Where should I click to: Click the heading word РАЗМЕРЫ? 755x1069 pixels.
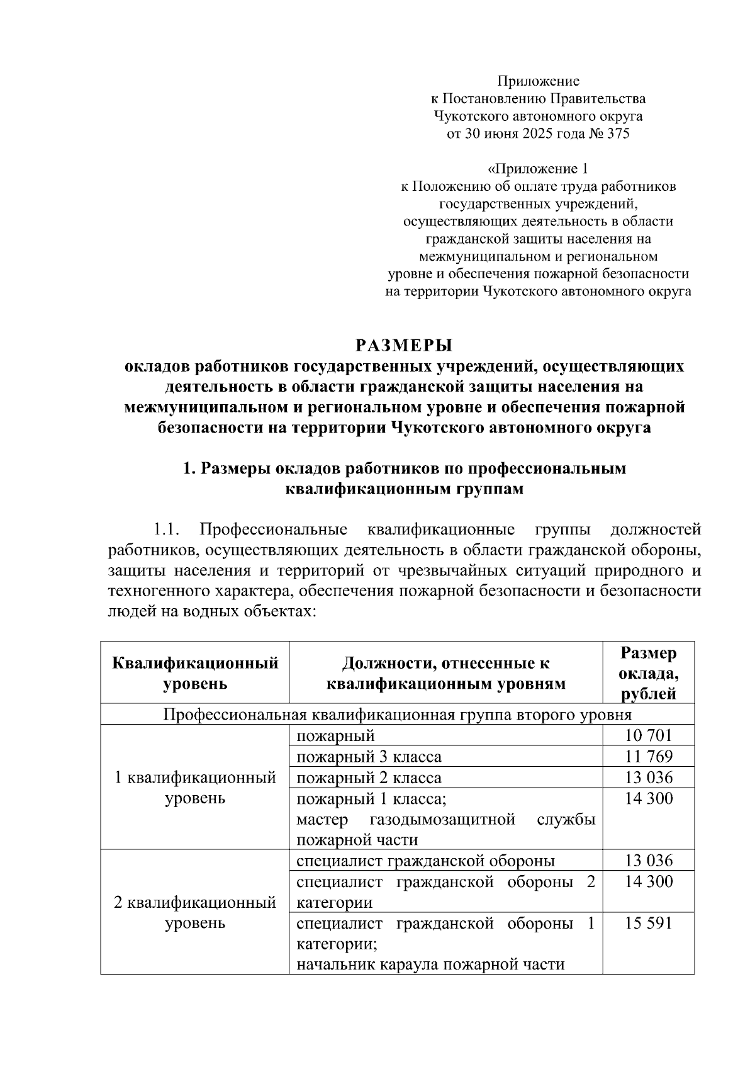pyautogui.click(x=404, y=346)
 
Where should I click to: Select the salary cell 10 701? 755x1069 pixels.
pyautogui.click(x=649, y=735)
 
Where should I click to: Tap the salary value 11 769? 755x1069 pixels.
pyautogui.click(x=649, y=756)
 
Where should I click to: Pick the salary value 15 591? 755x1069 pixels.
pyautogui.click(x=649, y=923)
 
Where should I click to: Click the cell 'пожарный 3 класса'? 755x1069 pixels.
pyautogui.click(x=369, y=756)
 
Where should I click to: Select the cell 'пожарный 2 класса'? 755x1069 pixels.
pyautogui.click(x=369, y=778)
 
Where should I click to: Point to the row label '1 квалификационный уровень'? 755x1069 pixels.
pyautogui.click(x=195, y=788)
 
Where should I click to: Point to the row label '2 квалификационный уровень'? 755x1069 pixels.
pyautogui.click(x=195, y=913)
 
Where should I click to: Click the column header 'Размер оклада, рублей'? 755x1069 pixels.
pyautogui.click(x=649, y=673)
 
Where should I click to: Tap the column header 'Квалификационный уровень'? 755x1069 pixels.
pyautogui.click(x=195, y=673)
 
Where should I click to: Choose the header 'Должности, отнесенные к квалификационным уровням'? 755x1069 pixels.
pyautogui.click(x=445, y=673)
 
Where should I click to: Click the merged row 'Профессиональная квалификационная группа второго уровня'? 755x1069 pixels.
pyautogui.click(x=397, y=715)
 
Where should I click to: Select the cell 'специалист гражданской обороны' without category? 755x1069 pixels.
pyautogui.click(x=425, y=861)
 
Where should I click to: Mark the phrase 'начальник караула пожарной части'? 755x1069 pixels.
pyautogui.click(x=430, y=964)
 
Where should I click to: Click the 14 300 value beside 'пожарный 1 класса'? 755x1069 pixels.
pyautogui.click(x=649, y=798)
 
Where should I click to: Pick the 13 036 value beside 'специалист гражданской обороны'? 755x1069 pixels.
pyautogui.click(x=649, y=861)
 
